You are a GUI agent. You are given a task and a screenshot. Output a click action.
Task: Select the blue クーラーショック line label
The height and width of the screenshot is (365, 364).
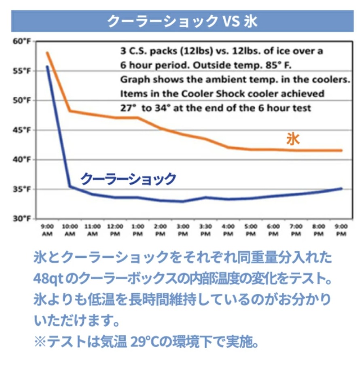[129, 178]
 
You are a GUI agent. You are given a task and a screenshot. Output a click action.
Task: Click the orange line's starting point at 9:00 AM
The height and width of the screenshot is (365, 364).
[47, 53]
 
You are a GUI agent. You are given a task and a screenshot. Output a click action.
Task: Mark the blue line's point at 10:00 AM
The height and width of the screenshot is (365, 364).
[70, 186]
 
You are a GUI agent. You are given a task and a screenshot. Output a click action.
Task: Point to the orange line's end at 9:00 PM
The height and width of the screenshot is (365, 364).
[342, 150]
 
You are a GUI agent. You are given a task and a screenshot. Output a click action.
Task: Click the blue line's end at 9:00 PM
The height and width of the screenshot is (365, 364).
[342, 188]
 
